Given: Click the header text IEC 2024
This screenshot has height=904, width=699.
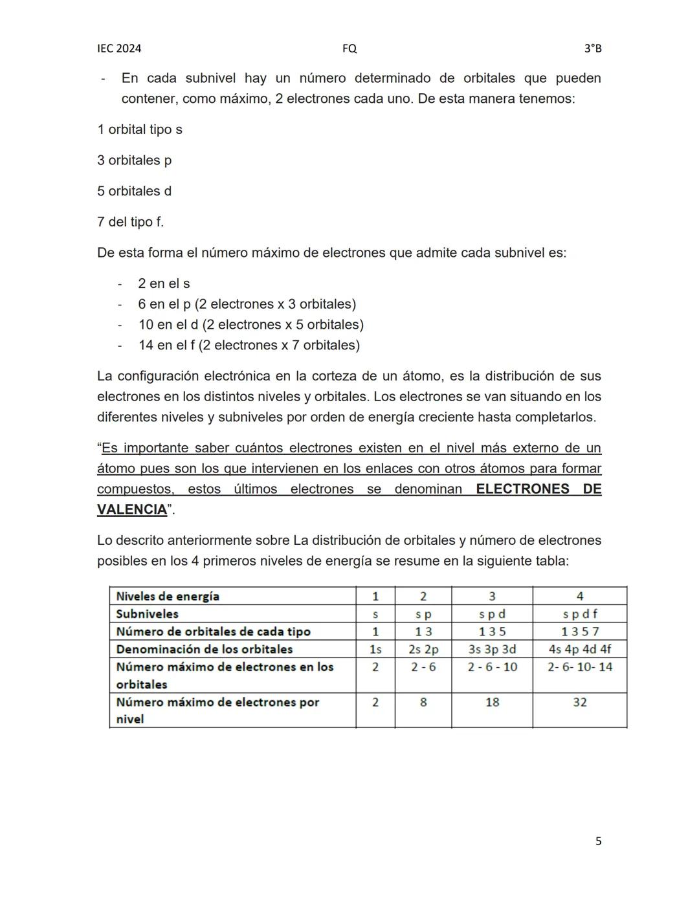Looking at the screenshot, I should point(119,49).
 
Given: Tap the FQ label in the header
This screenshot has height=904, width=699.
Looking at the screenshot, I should point(349,49).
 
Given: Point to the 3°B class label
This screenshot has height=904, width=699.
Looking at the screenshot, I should point(592,49).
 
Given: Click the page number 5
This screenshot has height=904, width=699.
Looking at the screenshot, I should point(598,841).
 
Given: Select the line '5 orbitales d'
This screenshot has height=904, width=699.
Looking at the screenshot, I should point(134,191).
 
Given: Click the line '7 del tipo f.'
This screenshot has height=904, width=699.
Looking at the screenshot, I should point(130,222).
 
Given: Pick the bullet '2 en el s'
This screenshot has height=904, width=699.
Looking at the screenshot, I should point(164,283).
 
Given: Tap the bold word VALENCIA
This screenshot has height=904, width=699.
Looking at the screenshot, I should point(132,510).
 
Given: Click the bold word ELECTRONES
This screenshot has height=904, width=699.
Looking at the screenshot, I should point(524,489).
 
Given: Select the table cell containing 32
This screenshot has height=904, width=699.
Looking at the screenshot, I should point(579,702).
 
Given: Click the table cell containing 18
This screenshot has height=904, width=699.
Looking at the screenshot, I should point(492,702).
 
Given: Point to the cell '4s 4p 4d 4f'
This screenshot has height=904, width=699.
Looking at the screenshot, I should point(579,649).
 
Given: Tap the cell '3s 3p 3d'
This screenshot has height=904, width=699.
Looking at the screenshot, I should point(492,649).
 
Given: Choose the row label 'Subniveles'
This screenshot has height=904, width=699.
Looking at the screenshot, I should point(147,614).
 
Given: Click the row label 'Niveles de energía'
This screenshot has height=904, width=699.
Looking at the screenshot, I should point(168,597).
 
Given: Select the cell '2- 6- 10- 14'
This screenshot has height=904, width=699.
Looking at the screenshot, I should point(579,667).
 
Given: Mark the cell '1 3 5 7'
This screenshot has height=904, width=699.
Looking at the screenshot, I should point(579,632).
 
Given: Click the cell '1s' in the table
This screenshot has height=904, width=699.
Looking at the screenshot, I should point(375,649).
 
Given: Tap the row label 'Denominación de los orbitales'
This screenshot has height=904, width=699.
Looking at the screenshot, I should point(204,649).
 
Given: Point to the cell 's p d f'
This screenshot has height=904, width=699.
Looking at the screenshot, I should point(579,614).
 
